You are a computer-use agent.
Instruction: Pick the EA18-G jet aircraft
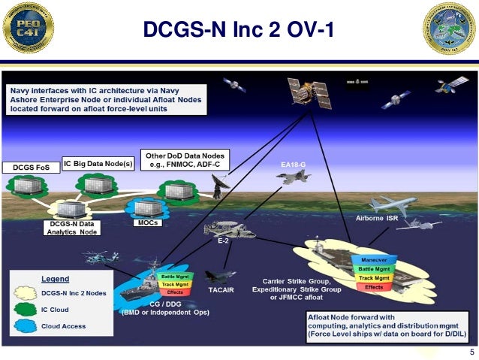point(292,177)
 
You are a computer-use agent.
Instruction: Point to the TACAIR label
point(218,289)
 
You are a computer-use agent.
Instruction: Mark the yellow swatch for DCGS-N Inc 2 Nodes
point(28,294)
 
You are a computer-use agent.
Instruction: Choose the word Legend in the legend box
point(54,278)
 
